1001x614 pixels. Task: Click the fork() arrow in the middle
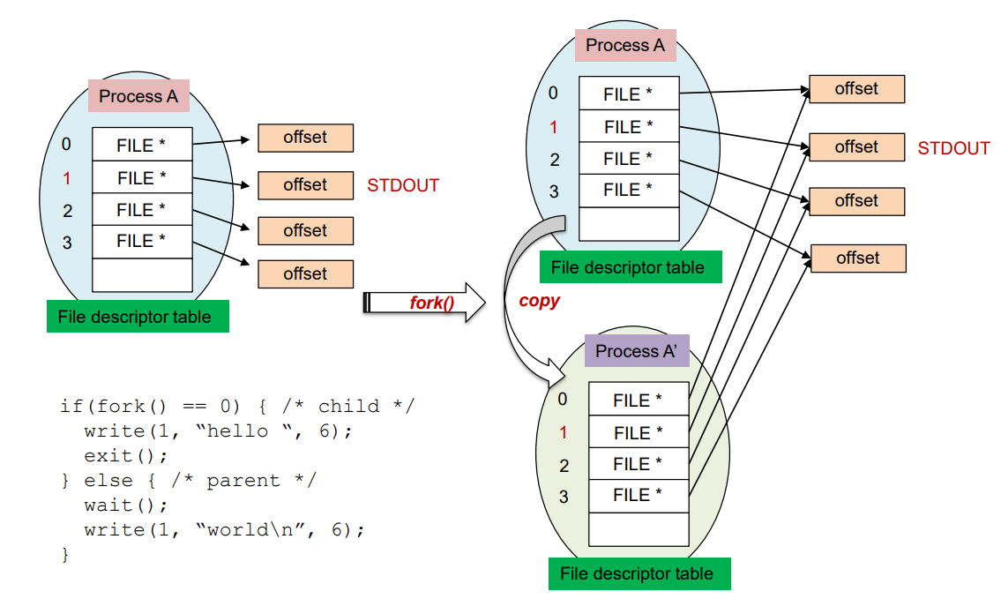(424, 303)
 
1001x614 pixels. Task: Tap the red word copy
(539, 301)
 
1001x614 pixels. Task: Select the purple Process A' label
(637, 350)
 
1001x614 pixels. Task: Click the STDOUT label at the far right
(953, 148)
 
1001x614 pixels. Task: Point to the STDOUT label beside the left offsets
(403, 185)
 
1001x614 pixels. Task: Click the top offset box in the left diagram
(305, 138)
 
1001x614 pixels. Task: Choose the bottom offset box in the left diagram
(305, 273)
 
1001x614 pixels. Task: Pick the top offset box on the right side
(856, 89)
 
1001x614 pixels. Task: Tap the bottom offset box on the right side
(858, 258)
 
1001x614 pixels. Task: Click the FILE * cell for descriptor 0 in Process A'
(639, 400)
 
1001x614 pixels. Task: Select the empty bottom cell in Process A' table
(639, 529)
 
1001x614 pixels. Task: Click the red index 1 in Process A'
(563, 433)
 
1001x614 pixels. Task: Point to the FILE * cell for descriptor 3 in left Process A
(142, 241)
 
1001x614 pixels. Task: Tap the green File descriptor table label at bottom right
(639, 573)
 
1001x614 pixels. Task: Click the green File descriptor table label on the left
(138, 317)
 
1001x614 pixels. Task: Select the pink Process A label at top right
(625, 45)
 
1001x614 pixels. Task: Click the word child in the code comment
(348, 406)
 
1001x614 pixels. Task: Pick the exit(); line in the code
(126, 456)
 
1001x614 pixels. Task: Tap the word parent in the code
(243, 481)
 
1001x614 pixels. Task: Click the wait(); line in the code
(126, 505)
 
